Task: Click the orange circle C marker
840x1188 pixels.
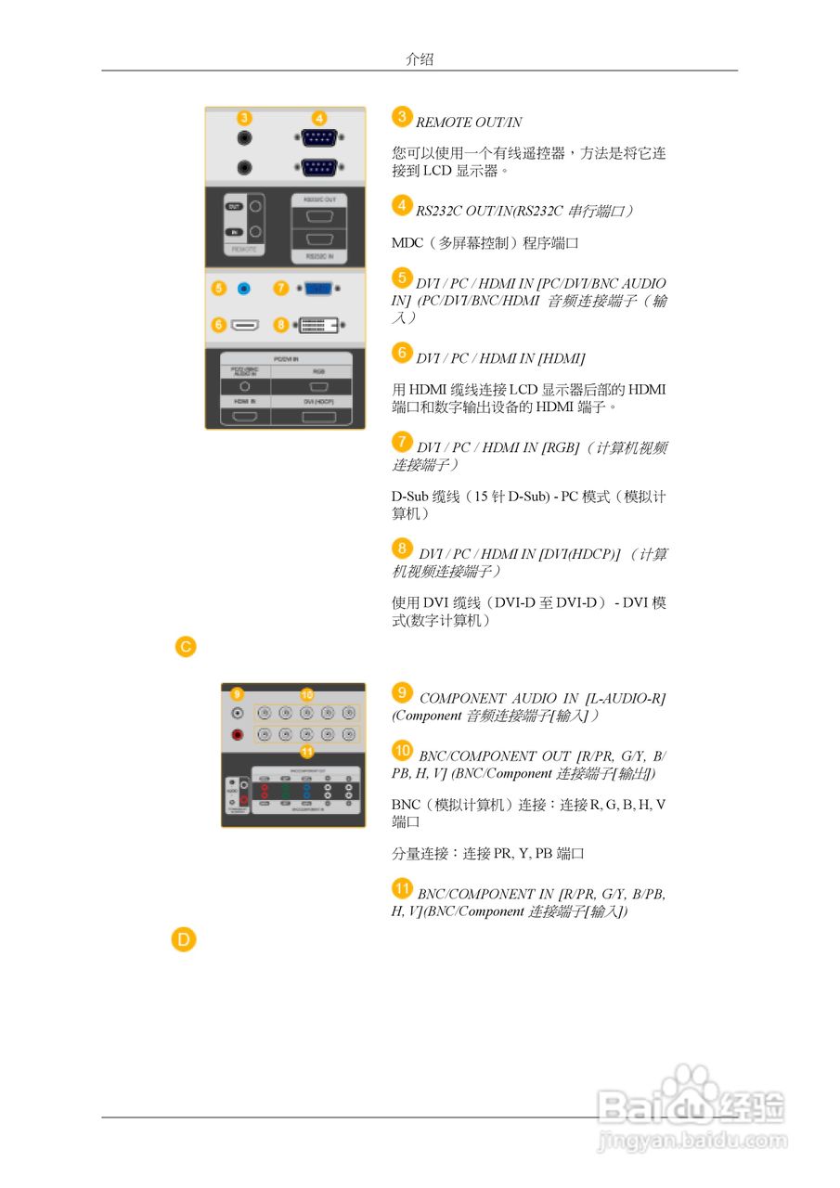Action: [186, 646]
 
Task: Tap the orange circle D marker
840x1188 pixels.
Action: [184, 940]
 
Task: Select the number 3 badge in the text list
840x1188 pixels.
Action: [402, 116]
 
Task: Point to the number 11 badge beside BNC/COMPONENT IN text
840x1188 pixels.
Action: [402, 888]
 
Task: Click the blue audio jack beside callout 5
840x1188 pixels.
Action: [244, 289]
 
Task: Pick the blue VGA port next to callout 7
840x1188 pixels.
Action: [317, 289]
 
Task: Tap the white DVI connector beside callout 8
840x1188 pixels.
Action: [317, 325]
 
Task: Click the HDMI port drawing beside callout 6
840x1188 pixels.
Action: [245, 325]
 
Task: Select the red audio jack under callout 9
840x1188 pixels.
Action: [238, 734]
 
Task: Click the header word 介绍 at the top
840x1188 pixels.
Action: [420, 59]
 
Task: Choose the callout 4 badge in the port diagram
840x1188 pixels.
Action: [318, 118]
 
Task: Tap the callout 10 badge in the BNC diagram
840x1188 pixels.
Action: [307, 694]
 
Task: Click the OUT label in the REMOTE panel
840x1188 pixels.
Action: [236, 205]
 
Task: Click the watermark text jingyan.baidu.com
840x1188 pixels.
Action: [692, 1139]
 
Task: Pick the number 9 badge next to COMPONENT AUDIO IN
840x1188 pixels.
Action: [402, 692]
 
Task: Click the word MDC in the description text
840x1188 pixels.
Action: [407, 243]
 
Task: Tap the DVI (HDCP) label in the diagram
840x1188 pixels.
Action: [317, 402]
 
